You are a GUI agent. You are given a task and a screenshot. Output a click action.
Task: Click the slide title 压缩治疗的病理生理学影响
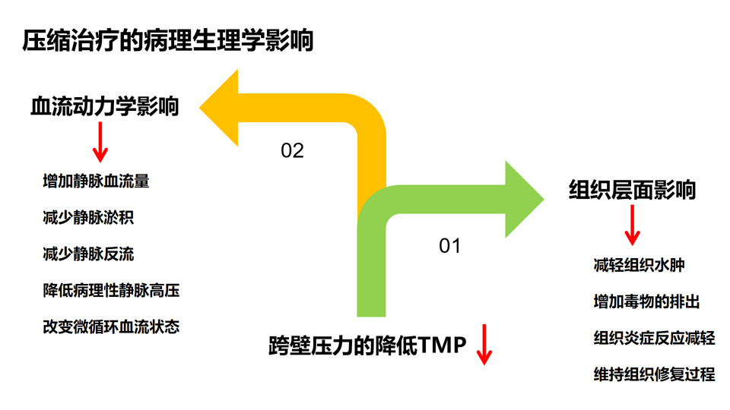tap(167, 40)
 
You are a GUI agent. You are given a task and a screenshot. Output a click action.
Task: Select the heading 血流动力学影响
tap(104, 106)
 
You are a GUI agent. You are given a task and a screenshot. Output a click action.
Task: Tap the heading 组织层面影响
tap(632, 189)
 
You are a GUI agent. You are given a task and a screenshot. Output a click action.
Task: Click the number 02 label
tap(292, 150)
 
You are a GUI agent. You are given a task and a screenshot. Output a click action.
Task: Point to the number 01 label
tap(450, 246)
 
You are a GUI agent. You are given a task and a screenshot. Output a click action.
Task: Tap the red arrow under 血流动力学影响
tap(100, 143)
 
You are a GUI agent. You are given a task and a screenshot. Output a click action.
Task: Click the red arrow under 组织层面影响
tap(631, 225)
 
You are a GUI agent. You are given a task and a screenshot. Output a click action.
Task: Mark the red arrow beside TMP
tap(484, 345)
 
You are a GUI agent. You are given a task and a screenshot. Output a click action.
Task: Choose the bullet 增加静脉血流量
tap(96, 181)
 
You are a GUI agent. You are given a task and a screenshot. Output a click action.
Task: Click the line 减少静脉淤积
tap(88, 218)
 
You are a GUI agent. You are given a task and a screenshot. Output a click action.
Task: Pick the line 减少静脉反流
tap(88, 254)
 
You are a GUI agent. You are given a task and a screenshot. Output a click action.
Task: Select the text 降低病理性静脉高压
tap(111, 291)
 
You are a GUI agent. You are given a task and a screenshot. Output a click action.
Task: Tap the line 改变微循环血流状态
tap(111, 327)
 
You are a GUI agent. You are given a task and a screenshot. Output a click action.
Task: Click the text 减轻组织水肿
tap(639, 266)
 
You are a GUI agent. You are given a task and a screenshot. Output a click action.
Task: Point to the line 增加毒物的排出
tap(646, 302)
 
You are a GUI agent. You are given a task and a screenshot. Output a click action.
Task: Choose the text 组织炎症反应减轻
tap(654, 339)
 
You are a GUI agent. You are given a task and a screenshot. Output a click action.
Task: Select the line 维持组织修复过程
tap(654, 374)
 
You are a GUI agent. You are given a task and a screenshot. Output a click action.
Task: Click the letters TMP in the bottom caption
tap(443, 346)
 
